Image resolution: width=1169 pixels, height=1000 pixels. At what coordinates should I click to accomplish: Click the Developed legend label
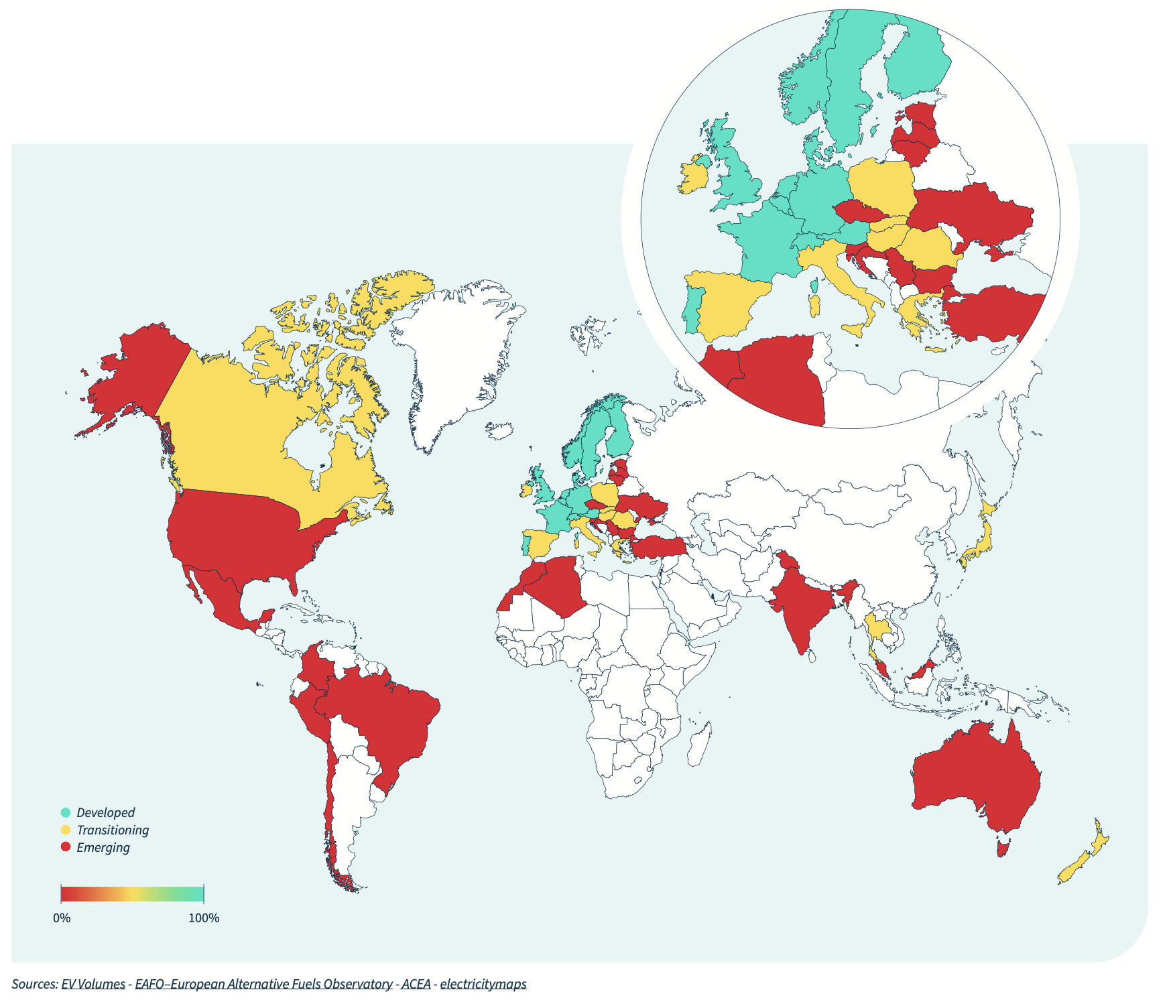point(105,812)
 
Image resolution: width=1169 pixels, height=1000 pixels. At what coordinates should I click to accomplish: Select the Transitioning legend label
point(113,830)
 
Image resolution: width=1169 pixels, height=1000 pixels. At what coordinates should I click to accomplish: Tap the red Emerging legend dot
point(65,847)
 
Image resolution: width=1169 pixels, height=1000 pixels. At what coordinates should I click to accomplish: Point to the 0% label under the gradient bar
point(62,918)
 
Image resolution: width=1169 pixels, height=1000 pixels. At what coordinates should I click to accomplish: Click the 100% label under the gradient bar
point(204,918)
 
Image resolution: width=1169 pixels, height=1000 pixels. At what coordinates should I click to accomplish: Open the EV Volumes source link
point(93,984)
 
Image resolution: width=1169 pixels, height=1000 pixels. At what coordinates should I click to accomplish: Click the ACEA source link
point(416,984)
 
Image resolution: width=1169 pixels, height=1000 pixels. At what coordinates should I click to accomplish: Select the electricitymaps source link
point(483,984)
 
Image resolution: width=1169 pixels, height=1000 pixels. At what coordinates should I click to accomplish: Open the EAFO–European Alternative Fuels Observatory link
point(263,984)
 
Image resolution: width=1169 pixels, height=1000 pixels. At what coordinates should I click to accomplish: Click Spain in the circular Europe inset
point(727,302)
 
